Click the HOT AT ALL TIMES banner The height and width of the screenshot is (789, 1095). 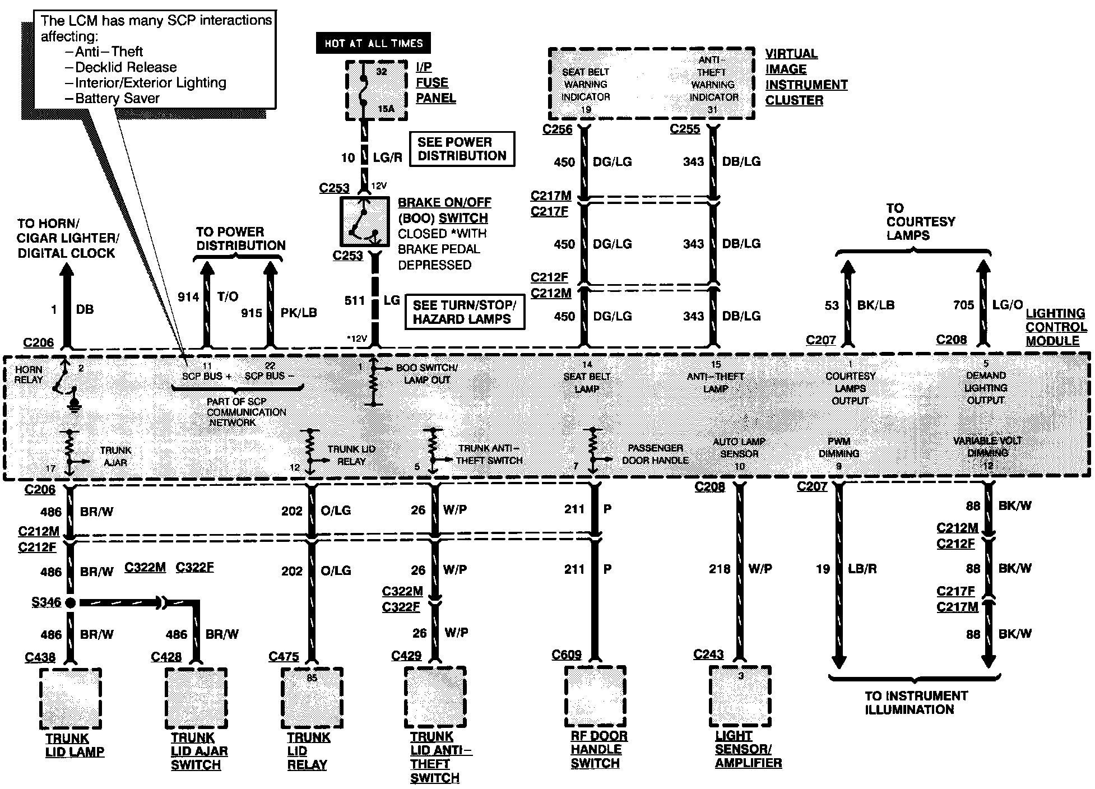click(x=373, y=43)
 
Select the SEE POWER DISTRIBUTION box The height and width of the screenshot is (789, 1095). click(x=462, y=149)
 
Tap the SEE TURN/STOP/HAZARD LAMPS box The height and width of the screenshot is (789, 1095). click(x=465, y=312)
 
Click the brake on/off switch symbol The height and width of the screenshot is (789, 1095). click(x=364, y=222)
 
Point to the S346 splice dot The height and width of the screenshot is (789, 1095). click(x=70, y=603)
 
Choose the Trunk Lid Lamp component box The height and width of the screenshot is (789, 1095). click(x=71, y=698)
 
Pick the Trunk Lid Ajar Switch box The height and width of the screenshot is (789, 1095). click(x=196, y=698)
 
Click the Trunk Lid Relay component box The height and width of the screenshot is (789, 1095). click(x=312, y=698)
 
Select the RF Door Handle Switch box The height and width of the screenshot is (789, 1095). click(x=595, y=695)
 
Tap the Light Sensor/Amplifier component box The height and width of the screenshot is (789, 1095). click(x=740, y=695)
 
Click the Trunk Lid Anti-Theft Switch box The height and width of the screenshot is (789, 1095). click(x=435, y=697)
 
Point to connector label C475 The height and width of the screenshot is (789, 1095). click(x=284, y=657)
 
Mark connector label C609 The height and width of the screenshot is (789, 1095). click(x=566, y=655)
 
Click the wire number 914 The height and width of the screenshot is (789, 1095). click(x=188, y=297)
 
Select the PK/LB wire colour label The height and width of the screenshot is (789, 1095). click(x=299, y=313)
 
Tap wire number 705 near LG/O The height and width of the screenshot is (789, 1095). click(x=963, y=305)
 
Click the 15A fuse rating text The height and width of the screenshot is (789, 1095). click(x=386, y=109)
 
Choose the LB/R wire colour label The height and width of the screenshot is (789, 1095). click(x=862, y=569)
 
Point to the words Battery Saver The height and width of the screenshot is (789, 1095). click(x=117, y=99)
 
